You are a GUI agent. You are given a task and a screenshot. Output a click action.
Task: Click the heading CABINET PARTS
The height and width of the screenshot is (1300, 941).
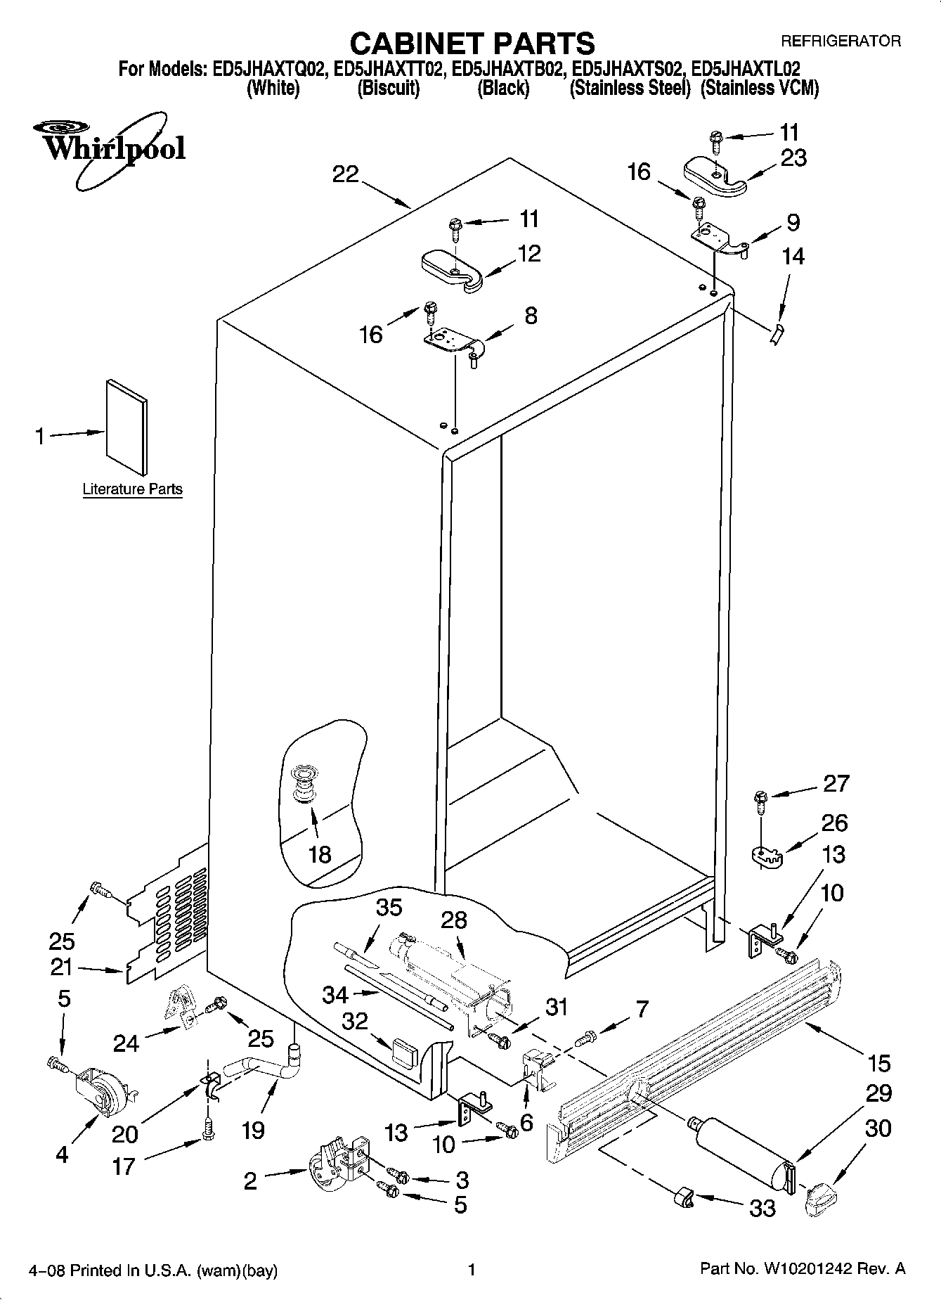coord(472,44)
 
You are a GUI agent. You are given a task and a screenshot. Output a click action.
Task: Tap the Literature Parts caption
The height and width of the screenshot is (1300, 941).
coord(132,489)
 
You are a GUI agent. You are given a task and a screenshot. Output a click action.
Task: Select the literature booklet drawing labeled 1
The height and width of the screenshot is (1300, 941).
coord(127,427)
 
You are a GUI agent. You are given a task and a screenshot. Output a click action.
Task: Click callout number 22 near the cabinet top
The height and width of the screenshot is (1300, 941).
coord(345,174)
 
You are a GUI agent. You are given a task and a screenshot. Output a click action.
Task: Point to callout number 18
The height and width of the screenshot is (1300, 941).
coord(319,854)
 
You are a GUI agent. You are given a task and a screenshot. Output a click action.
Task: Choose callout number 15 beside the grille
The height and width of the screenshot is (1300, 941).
coord(878,1063)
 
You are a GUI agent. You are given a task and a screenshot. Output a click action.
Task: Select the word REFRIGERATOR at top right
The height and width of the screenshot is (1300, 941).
coord(841,41)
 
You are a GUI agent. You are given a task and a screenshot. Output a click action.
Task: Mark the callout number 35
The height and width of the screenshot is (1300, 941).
coord(388,907)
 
